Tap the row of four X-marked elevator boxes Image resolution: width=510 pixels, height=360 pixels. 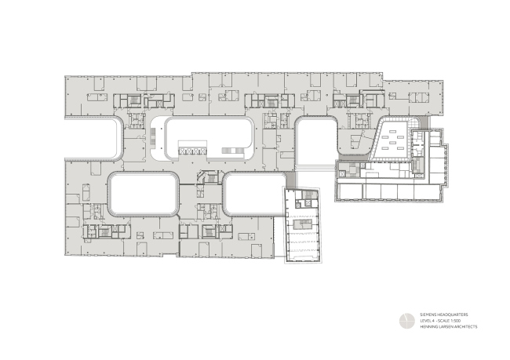pyautogui.click(x=193, y=148)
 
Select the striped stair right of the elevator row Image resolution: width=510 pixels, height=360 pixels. pyautogui.click(x=232, y=149)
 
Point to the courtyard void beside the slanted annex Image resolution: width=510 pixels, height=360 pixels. pyautogui.click(x=252, y=194)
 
